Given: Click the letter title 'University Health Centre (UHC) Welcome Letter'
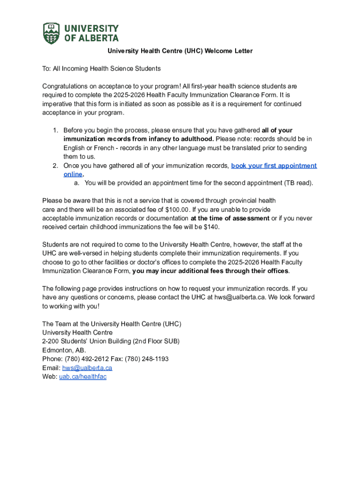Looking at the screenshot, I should coord(180,51).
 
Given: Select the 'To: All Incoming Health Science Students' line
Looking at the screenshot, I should coord(101,69).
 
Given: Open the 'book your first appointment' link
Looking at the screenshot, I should coord(274,166).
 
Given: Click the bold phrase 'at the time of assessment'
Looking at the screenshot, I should coord(230,218).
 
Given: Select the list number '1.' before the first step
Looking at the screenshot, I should coord(55,131).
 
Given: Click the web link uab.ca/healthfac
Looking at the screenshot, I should coord(83,377).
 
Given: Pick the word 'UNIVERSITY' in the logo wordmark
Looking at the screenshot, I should coord(91,29).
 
